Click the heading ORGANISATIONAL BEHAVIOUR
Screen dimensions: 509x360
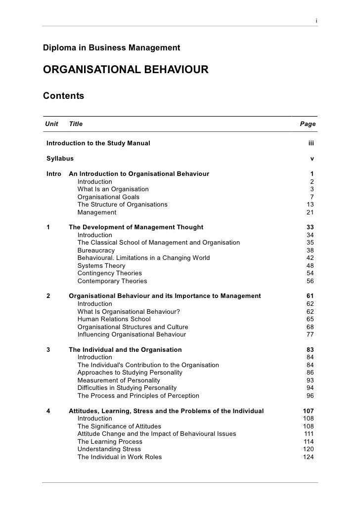[x=126, y=70]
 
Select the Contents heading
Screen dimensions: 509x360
[x=63, y=95]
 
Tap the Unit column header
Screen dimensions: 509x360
[x=51, y=124]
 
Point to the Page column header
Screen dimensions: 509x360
[x=308, y=124]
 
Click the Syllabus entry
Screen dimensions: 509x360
[x=60, y=159]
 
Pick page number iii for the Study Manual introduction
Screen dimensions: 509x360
[x=311, y=143]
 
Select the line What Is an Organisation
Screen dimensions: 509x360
[x=113, y=189]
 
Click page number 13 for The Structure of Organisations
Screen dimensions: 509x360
[x=310, y=205]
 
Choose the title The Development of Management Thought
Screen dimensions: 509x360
[x=136, y=227]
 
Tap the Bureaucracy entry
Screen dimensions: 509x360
[x=96, y=251]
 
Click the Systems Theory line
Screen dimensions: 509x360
[x=101, y=266]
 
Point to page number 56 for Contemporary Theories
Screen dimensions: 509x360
[x=310, y=281]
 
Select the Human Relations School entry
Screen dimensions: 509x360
[x=114, y=319]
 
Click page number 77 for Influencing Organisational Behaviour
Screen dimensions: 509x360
[x=310, y=335]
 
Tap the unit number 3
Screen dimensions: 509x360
[x=48, y=350]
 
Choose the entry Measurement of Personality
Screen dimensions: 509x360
[x=119, y=381]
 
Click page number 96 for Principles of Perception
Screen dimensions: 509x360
[x=310, y=396]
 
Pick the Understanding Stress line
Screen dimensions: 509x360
[x=109, y=449]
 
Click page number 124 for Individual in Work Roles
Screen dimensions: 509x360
[x=308, y=457]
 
